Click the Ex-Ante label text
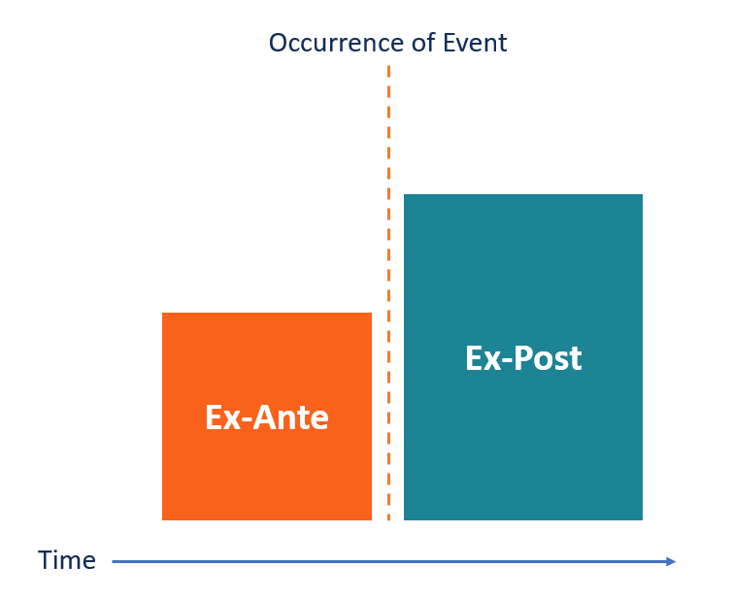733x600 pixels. (x=267, y=417)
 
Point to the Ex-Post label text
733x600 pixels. (x=523, y=358)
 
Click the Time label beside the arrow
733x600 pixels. (x=67, y=561)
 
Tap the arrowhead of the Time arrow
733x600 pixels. (x=671, y=561)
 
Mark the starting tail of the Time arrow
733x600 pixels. (x=114, y=561)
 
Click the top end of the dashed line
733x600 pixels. (x=388, y=67)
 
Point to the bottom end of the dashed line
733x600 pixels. (x=388, y=518)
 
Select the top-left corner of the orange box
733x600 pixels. (x=163, y=314)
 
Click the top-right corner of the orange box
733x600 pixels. (x=371, y=314)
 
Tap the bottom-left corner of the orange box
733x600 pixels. (x=163, y=519)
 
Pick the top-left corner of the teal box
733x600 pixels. (x=405, y=195)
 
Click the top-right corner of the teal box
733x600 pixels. (x=642, y=195)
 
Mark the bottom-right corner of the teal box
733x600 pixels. (x=642, y=519)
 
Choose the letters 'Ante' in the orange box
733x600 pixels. (x=292, y=417)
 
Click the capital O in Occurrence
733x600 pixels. (x=278, y=44)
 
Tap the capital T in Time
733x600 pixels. (x=45, y=561)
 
